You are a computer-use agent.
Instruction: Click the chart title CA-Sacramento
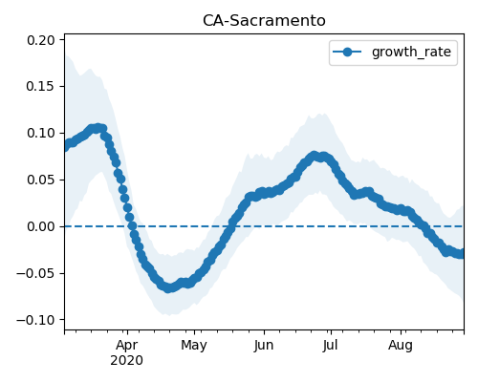pyautogui.click(x=264, y=21)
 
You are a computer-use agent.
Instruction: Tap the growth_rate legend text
pyautogui.click(x=411, y=52)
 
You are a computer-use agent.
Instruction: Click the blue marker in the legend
pyautogui.click(x=347, y=52)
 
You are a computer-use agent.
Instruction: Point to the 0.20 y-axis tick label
pyautogui.click(x=41, y=40)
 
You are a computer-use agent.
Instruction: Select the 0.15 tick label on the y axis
pyautogui.click(x=41, y=87)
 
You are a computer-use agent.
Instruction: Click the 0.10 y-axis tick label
pyautogui.click(x=41, y=133)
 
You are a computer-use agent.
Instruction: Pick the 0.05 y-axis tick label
pyautogui.click(x=41, y=180)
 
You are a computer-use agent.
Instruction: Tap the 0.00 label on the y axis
pyautogui.click(x=41, y=226)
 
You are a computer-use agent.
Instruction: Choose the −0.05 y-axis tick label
pyautogui.click(x=35, y=273)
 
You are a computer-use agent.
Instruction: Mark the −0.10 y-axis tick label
pyautogui.click(x=35, y=320)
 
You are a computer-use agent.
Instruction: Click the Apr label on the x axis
pyautogui.click(x=127, y=346)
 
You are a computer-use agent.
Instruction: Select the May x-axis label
pyautogui.click(x=194, y=346)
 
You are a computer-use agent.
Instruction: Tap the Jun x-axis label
pyautogui.click(x=264, y=346)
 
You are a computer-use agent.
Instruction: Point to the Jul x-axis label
pyautogui.click(x=330, y=346)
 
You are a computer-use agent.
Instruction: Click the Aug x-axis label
pyautogui.click(x=401, y=346)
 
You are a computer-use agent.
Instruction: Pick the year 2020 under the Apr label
pyautogui.click(x=127, y=361)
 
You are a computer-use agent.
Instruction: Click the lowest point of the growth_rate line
pyautogui.click(x=168, y=287)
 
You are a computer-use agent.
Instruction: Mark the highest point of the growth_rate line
pyautogui.click(x=98, y=128)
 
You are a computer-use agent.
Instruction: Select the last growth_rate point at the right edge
pyautogui.click(x=462, y=254)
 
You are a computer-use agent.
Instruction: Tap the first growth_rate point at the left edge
pyautogui.click(x=66, y=147)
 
